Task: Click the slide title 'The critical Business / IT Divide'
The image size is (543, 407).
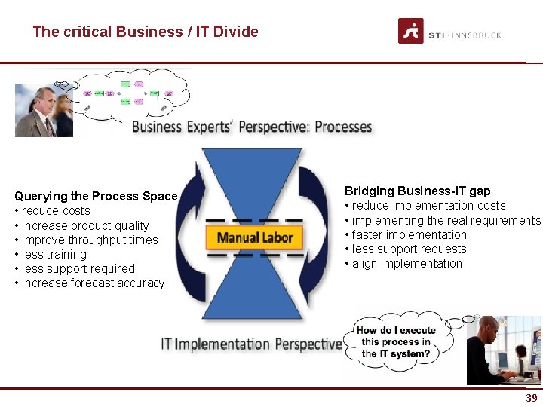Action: (146, 32)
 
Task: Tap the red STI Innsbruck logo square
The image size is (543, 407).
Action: (410, 31)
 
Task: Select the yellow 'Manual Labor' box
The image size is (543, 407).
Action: (255, 237)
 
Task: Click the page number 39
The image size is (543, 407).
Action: (532, 398)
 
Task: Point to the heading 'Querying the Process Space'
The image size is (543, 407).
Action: (96, 196)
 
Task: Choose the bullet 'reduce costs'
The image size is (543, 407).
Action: (55, 211)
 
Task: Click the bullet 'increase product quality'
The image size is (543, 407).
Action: (84, 225)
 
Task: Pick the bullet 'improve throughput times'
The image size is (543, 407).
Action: (89, 240)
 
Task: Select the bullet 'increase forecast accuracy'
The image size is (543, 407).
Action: (92, 283)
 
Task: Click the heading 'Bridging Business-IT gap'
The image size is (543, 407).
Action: (417, 191)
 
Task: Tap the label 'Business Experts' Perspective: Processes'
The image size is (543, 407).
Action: (252, 127)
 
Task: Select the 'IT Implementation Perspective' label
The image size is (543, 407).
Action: (251, 344)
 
